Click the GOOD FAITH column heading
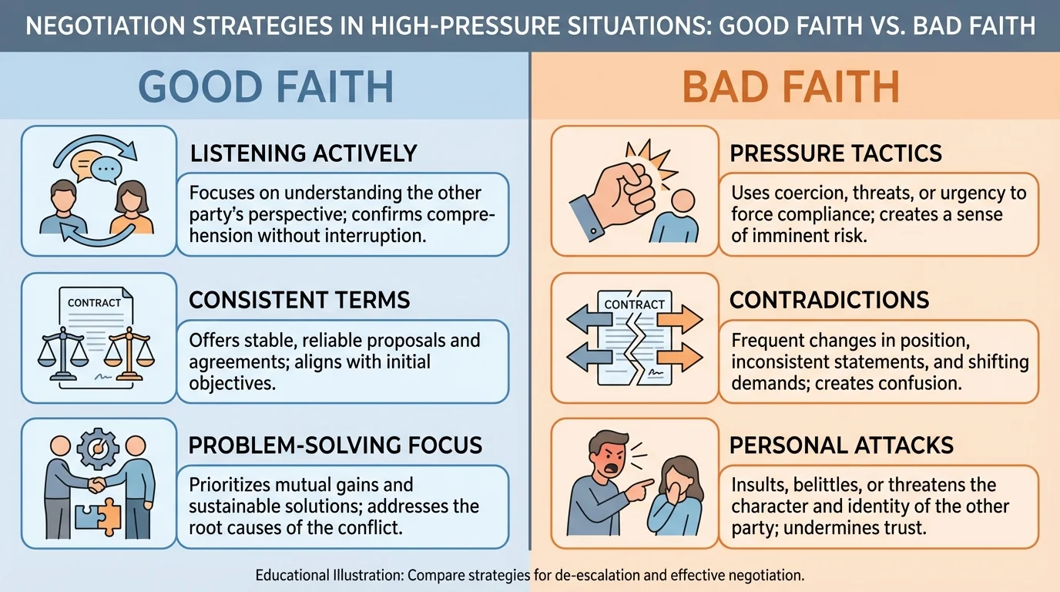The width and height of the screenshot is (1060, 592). (266, 86)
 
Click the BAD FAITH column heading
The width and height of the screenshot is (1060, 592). (791, 86)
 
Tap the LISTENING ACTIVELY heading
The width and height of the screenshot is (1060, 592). (303, 153)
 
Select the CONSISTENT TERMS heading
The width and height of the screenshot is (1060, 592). (299, 299)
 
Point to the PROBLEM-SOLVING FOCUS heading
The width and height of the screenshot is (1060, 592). (336, 445)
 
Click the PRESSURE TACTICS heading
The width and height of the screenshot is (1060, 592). (836, 153)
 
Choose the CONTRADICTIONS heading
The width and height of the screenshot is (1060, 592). (830, 299)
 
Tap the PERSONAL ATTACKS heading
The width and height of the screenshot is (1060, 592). (842, 445)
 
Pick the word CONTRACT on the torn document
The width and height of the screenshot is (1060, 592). (634, 304)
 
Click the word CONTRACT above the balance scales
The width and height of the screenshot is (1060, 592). (94, 303)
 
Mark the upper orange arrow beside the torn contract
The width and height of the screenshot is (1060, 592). (681, 318)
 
